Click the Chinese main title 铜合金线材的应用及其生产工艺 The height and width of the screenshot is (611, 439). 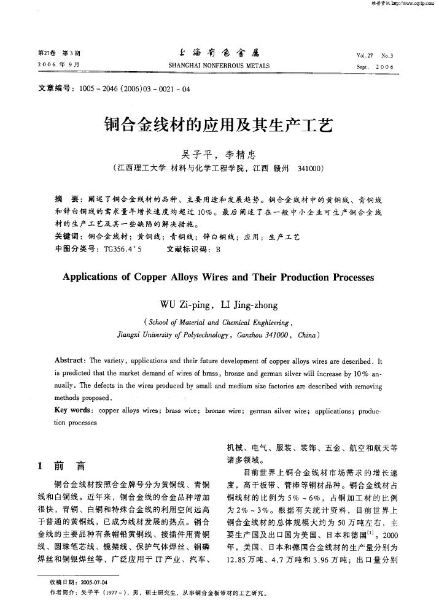click(x=220, y=126)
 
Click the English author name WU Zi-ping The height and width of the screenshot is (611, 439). click(x=184, y=305)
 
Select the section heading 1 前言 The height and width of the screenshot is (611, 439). click(x=62, y=465)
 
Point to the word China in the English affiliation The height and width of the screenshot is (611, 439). click(x=306, y=336)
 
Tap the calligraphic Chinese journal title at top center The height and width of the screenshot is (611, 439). click(x=219, y=53)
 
